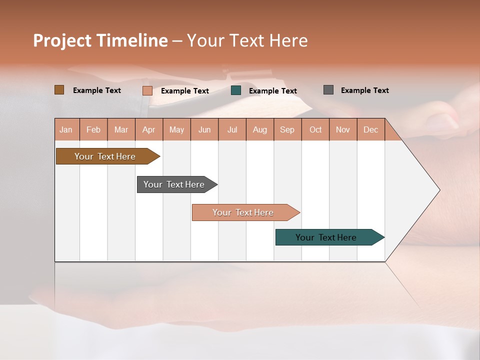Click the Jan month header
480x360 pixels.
point(66,129)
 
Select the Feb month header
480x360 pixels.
point(93,129)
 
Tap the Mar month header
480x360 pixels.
point(121,129)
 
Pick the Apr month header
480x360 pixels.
point(149,129)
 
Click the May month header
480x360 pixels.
point(176,129)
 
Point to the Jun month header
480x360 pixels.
point(204,129)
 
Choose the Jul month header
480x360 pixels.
point(232,129)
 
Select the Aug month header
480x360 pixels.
point(260,129)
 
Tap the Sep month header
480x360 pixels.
point(287,129)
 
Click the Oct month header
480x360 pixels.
point(315,129)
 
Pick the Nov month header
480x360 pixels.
point(343,129)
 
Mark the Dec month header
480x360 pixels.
point(371,129)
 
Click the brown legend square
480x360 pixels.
point(59,90)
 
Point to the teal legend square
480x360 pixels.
point(236,90)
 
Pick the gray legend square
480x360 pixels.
point(328,90)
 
